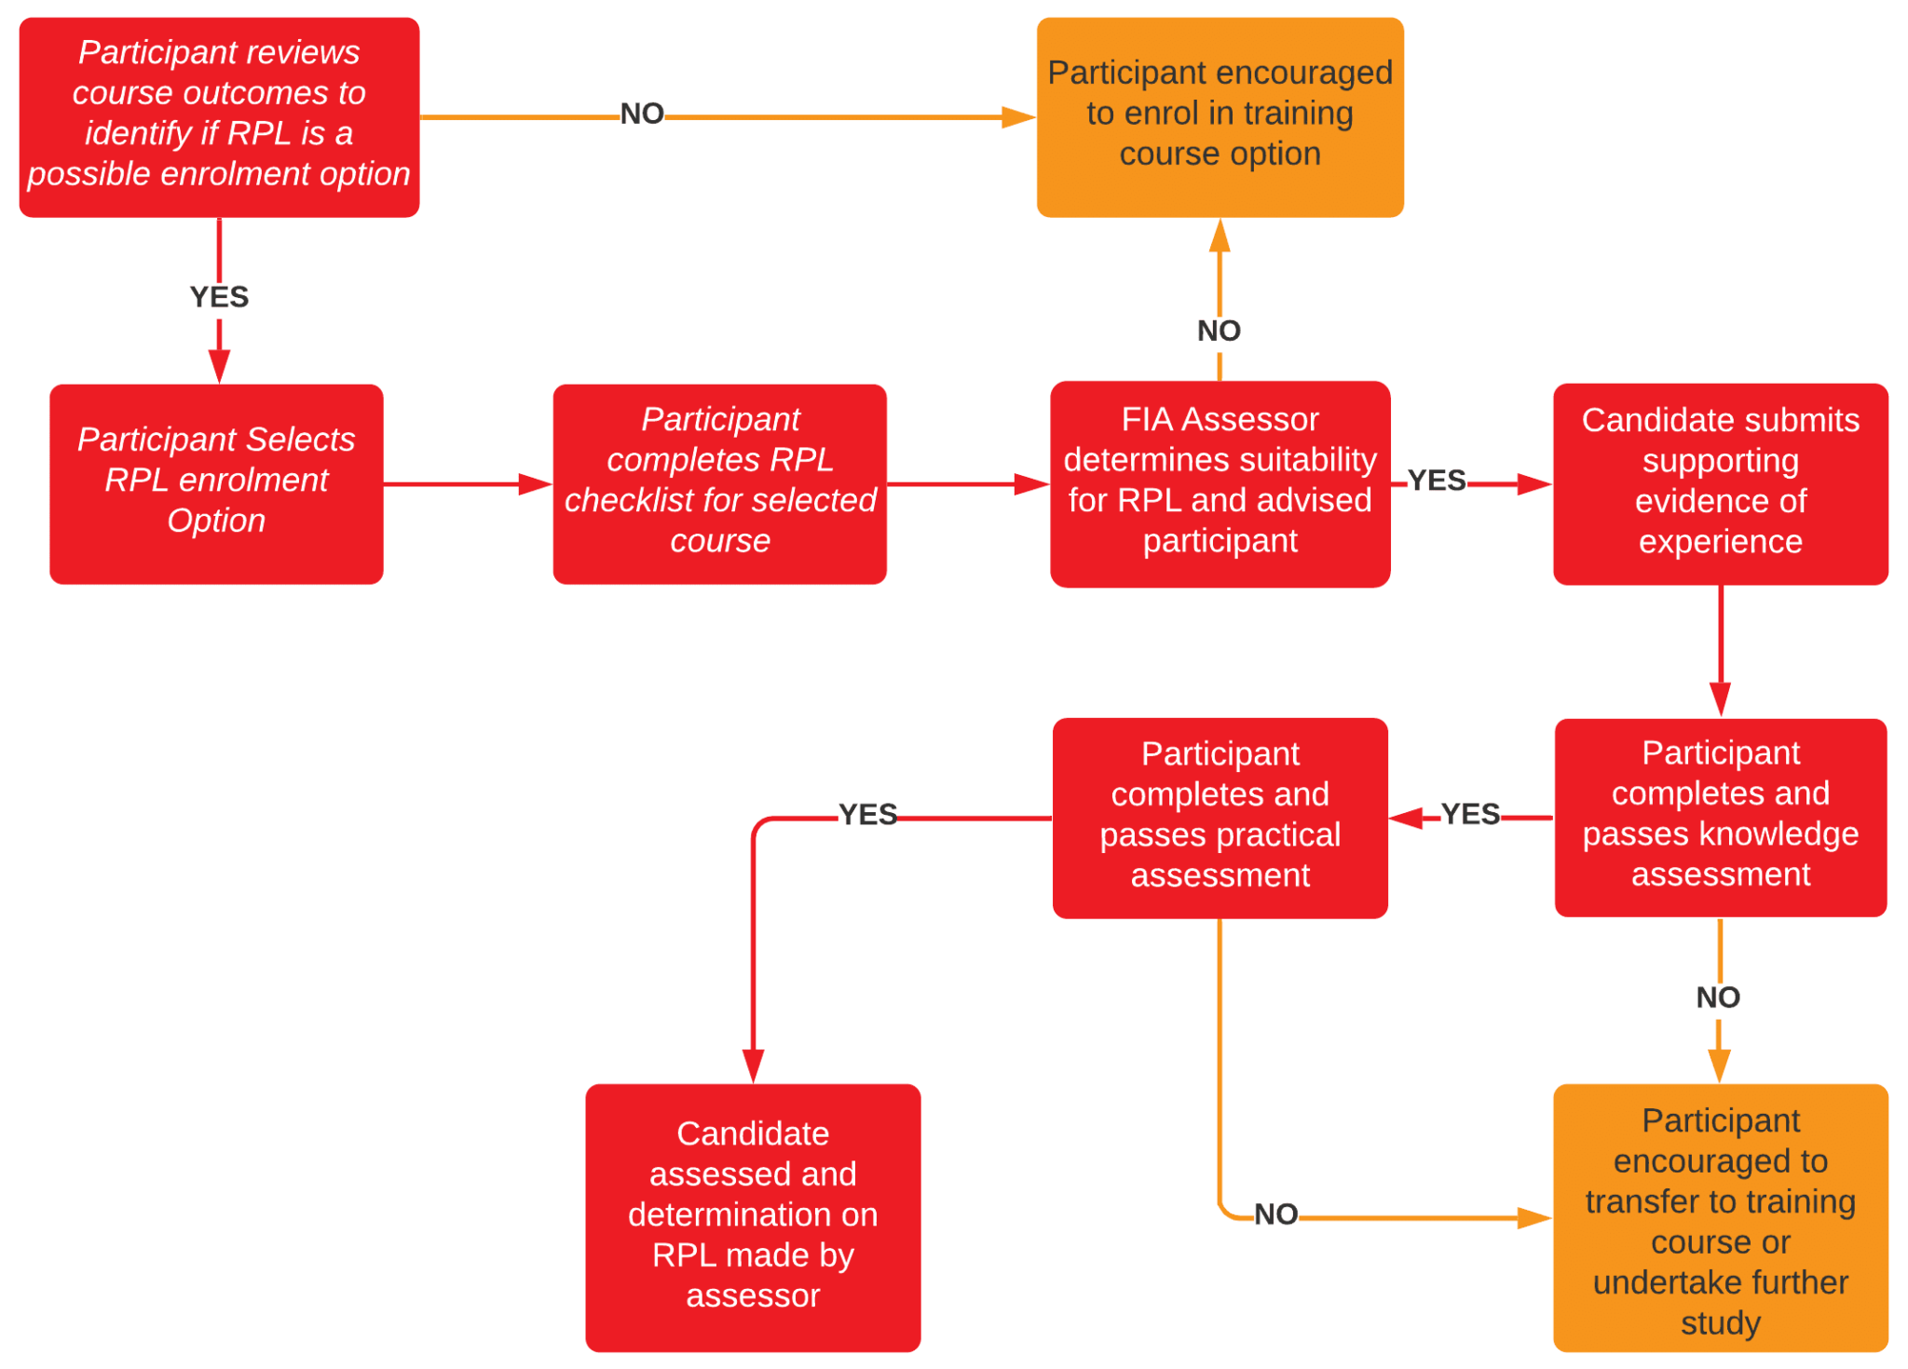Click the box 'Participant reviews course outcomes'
pyautogui.click(x=219, y=116)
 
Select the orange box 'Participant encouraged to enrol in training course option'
pyautogui.click(x=1219, y=116)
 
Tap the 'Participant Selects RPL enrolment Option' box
pyautogui.click(x=216, y=482)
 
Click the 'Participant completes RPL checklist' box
pyautogui.click(x=719, y=482)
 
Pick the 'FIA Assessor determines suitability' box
pyautogui.click(x=1219, y=482)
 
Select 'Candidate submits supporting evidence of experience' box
pyautogui.click(x=1719, y=482)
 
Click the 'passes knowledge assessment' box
pyautogui.click(x=1719, y=816)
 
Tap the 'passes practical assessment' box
pyautogui.click(x=1219, y=817)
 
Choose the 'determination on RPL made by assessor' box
pyautogui.click(x=752, y=1215)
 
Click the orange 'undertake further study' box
pyautogui.click(x=1719, y=1215)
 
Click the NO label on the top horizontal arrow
pyautogui.click(x=642, y=114)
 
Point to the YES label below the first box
pyautogui.click(x=219, y=296)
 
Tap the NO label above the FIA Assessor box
pyautogui.click(x=1219, y=330)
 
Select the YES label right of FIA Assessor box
pyautogui.click(x=1436, y=481)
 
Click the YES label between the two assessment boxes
pyautogui.click(x=1469, y=814)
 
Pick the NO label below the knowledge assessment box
pyautogui.click(x=1717, y=997)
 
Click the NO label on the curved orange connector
pyautogui.click(x=1275, y=1213)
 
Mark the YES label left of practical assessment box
pyautogui.click(x=867, y=814)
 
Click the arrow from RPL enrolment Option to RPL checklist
pyautogui.click(x=466, y=483)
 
